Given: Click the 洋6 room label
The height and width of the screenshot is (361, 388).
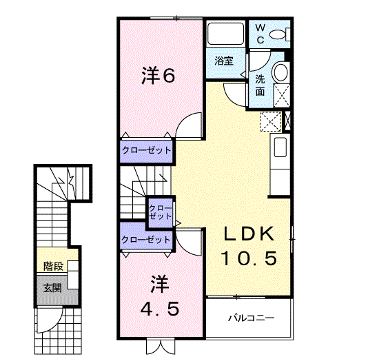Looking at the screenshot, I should [x=159, y=75].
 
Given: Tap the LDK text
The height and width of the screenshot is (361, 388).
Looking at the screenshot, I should [x=248, y=234].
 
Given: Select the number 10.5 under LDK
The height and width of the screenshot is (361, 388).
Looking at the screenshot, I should [x=248, y=258].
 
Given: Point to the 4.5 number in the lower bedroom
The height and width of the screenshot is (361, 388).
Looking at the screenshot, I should [x=160, y=309].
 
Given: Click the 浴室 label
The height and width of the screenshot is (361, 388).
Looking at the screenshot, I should [x=223, y=61].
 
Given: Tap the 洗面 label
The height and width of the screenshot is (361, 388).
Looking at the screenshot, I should [x=261, y=85].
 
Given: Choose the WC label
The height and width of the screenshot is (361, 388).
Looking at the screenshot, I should [x=261, y=33].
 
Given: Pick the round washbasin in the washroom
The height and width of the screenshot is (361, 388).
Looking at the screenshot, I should [x=280, y=72].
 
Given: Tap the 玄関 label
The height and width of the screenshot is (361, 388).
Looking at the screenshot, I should [x=52, y=287].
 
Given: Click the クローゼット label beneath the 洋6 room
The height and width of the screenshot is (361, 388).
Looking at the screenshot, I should [x=146, y=149].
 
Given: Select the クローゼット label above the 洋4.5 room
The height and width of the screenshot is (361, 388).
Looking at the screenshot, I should [x=145, y=240].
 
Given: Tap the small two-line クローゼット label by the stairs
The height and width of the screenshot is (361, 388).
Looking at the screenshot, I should [x=161, y=212].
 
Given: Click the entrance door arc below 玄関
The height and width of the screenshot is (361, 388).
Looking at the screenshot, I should [x=48, y=320].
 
